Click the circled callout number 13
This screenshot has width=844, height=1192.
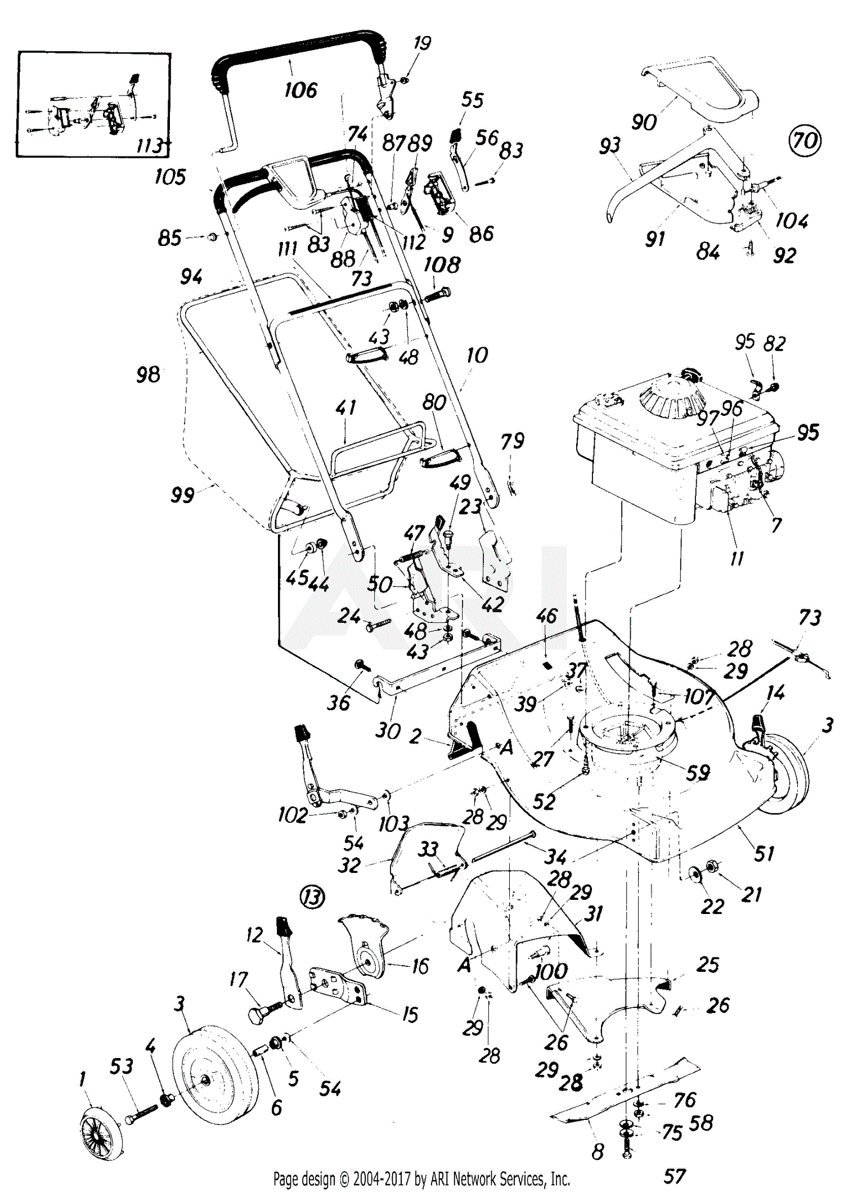coord(312,896)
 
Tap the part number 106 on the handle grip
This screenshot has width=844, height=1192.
coord(301,89)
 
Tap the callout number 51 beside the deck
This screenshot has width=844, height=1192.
coord(764,854)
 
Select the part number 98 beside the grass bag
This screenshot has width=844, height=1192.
coord(148,374)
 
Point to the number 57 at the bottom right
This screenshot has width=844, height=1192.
coord(674,1176)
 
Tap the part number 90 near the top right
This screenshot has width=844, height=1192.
coord(644,122)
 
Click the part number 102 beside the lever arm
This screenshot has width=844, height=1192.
coord(293,815)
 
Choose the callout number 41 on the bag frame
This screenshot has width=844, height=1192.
coord(345,407)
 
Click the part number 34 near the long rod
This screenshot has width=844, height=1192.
coord(555,857)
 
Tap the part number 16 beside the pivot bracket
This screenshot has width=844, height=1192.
coord(420,966)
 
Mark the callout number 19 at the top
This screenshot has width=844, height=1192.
coord(422,43)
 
